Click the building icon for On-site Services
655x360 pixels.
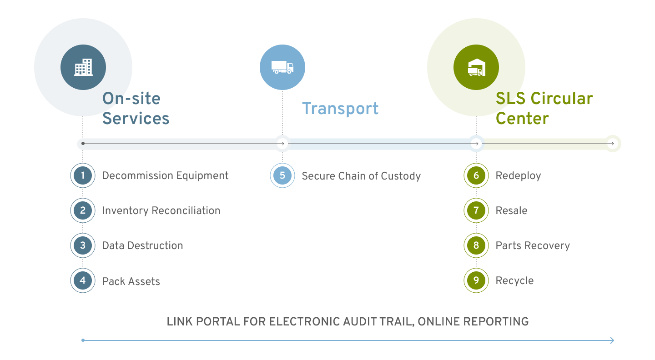pyautogui.click(x=83, y=67)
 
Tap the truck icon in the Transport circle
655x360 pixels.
pyautogui.click(x=282, y=67)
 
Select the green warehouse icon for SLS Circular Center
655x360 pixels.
pyautogui.click(x=476, y=67)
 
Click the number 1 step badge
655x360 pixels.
pyautogui.click(x=83, y=175)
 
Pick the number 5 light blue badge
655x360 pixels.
pyautogui.click(x=282, y=175)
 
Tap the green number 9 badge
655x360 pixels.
pyautogui.click(x=476, y=280)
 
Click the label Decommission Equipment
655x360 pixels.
pyautogui.click(x=165, y=176)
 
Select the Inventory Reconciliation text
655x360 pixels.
pyautogui.click(x=161, y=211)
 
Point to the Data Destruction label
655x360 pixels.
pyautogui.click(x=142, y=246)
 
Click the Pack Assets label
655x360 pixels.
pyautogui.click(x=131, y=281)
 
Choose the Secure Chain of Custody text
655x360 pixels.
pyautogui.click(x=361, y=176)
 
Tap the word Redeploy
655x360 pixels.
pyautogui.click(x=518, y=176)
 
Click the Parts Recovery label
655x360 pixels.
pyautogui.click(x=533, y=246)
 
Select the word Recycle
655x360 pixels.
pyautogui.click(x=514, y=281)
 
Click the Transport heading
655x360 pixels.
pyautogui.click(x=340, y=109)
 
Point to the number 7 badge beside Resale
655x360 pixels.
pyautogui.click(x=476, y=210)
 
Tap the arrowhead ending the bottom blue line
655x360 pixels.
pyautogui.click(x=612, y=340)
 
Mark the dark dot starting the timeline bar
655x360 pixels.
pyautogui.click(x=83, y=144)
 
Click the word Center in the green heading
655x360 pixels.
pyautogui.click(x=522, y=119)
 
